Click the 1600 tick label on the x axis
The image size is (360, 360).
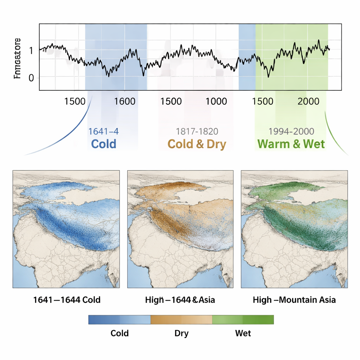click(x=124, y=102)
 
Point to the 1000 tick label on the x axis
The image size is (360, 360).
click(x=216, y=102)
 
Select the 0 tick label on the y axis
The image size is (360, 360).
click(x=31, y=78)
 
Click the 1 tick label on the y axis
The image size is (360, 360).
click(x=31, y=50)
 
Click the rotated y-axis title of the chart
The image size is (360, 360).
click(x=17, y=58)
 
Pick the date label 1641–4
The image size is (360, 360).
click(x=103, y=131)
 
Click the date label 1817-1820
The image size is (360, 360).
click(x=197, y=131)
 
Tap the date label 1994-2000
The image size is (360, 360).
click(x=291, y=131)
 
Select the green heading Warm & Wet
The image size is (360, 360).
click(x=291, y=144)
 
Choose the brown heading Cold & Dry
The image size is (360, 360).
click(x=197, y=144)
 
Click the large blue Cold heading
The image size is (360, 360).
click(x=103, y=144)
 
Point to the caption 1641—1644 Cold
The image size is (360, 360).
click(x=67, y=300)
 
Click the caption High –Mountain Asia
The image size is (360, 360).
click(x=294, y=300)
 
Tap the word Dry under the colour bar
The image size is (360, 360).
click(x=181, y=333)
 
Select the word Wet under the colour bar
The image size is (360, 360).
click(x=243, y=333)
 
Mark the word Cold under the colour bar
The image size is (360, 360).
click(x=120, y=333)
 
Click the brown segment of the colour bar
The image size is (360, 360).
click(x=181, y=319)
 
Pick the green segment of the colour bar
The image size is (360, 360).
click(x=243, y=319)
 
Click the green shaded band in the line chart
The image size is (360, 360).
click(x=292, y=56)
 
